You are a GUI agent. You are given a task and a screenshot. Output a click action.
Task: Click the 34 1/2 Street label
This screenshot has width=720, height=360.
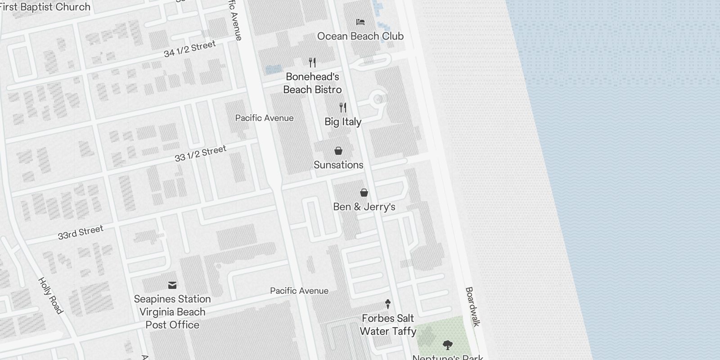point(189,49)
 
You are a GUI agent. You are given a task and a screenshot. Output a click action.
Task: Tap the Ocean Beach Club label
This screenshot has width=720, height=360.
point(360,36)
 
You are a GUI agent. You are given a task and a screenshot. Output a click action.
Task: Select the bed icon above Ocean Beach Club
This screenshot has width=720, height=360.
point(360,22)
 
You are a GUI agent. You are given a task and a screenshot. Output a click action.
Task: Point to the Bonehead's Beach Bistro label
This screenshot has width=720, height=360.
point(312,83)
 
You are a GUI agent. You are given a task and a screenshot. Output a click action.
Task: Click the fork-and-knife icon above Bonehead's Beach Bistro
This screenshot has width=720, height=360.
point(312,62)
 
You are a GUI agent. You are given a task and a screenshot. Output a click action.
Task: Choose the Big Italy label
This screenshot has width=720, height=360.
point(343,121)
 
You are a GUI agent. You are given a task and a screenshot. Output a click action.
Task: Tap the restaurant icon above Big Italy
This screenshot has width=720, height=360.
point(343,108)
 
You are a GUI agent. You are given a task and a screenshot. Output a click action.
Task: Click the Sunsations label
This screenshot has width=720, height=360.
point(338,165)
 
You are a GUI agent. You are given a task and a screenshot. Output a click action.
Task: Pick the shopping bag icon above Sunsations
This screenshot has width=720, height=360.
point(338,151)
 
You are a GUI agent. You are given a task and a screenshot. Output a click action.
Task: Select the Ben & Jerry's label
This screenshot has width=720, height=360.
point(364,207)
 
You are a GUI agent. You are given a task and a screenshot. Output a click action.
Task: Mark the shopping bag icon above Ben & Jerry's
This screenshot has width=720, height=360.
point(364,193)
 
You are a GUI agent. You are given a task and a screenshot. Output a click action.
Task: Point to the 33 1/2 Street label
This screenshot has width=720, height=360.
point(200,153)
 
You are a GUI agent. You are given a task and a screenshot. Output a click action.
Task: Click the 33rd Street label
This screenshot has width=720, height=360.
point(81,232)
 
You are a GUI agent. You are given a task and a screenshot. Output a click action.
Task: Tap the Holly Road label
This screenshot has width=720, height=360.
point(50,296)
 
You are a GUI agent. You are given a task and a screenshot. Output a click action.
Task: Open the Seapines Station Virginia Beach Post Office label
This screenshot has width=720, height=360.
point(172,312)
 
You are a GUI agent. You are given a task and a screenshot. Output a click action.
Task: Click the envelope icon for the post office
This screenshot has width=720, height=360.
point(172,285)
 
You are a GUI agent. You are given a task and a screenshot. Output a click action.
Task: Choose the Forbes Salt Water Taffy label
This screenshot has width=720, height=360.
point(388,325)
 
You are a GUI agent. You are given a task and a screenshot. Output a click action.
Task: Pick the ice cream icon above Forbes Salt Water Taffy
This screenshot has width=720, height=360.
point(388,304)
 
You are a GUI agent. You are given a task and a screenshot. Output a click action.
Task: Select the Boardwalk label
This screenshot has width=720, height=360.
point(472,307)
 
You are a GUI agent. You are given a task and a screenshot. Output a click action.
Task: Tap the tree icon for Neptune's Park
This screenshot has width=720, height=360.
point(447,345)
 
